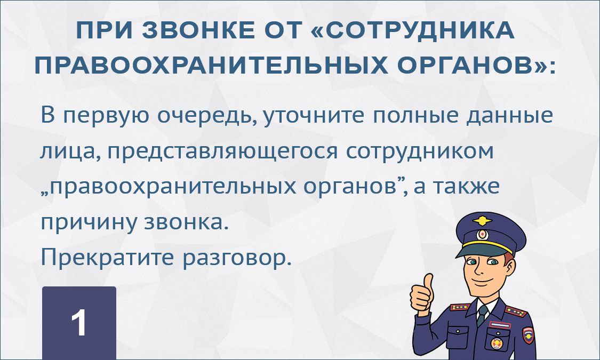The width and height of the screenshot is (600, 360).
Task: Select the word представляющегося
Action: [222, 151]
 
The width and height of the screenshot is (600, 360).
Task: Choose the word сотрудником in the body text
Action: [420, 151]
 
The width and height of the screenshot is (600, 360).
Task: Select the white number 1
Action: [79, 323]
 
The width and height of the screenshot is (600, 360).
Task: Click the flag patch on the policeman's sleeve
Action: [527, 335]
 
